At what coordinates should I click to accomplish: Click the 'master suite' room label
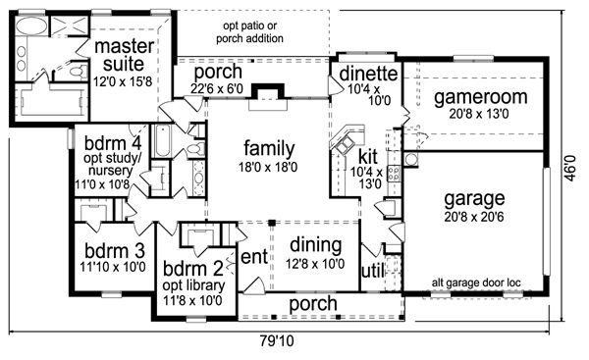(124, 55)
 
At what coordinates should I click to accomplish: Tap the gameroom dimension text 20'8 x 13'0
(479, 114)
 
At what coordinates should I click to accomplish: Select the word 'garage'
(474, 199)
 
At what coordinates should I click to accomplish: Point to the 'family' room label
(269, 148)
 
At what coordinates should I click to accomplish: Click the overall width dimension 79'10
(277, 341)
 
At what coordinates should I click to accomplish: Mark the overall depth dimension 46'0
(570, 168)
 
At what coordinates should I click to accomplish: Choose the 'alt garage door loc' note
(476, 283)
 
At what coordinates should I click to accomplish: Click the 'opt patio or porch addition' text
(249, 32)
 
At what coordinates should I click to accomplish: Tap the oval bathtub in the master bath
(31, 26)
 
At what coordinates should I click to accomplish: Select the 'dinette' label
(368, 74)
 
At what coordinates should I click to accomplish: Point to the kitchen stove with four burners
(394, 174)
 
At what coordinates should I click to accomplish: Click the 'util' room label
(373, 271)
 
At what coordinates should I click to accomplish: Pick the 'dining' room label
(315, 245)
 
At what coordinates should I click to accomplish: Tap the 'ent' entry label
(254, 258)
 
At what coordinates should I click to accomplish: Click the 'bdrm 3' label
(115, 251)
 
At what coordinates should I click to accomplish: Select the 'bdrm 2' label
(193, 269)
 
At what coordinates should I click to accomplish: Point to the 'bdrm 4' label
(113, 143)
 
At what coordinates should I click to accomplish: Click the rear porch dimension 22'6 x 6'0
(217, 89)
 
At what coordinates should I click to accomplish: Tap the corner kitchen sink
(346, 144)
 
